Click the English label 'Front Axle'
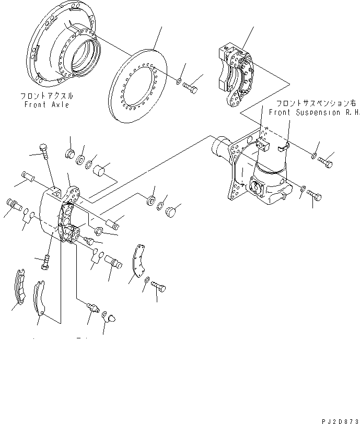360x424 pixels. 46,105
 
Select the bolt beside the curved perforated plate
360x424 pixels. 160,286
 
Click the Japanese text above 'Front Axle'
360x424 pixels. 47,97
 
